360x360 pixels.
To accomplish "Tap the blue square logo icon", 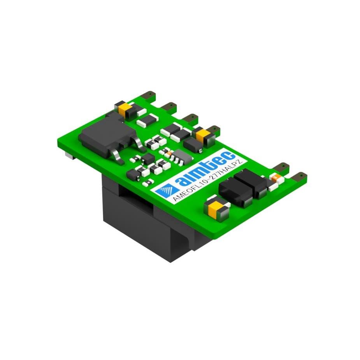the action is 167,190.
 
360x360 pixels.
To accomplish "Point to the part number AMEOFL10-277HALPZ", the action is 207,181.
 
